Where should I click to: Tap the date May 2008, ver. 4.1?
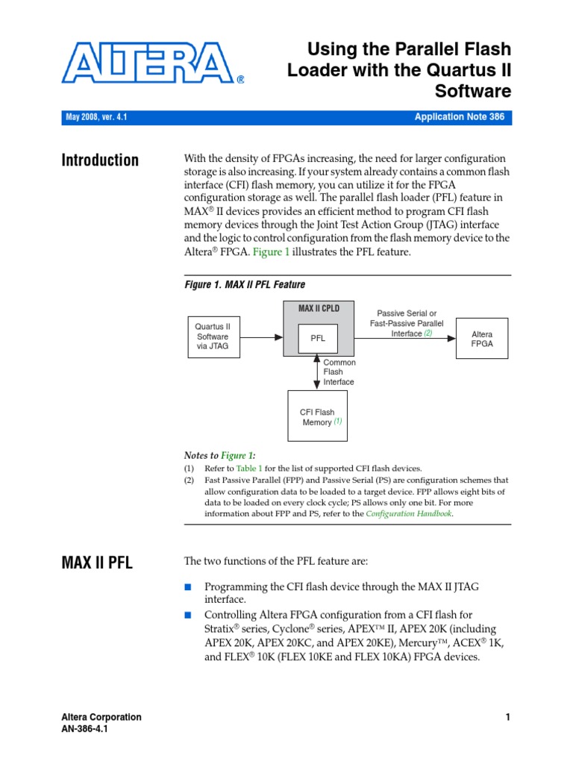[x=96, y=117]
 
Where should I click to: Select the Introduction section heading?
[x=100, y=160]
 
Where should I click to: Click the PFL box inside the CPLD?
[x=319, y=339]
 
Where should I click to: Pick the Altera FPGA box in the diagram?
[x=483, y=339]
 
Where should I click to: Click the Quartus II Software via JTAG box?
[x=213, y=336]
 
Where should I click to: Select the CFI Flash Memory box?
[x=317, y=417]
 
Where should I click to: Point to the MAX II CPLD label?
[x=319, y=308]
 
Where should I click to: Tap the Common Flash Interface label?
[x=339, y=372]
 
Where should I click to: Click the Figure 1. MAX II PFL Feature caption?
[x=245, y=284]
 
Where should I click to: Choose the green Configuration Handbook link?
[x=409, y=513]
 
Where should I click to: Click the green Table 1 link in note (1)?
[x=249, y=468]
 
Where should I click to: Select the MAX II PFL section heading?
[x=97, y=563]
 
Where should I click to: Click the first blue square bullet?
[x=188, y=587]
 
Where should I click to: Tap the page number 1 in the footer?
[x=507, y=717]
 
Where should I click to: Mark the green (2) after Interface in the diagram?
[x=428, y=334]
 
